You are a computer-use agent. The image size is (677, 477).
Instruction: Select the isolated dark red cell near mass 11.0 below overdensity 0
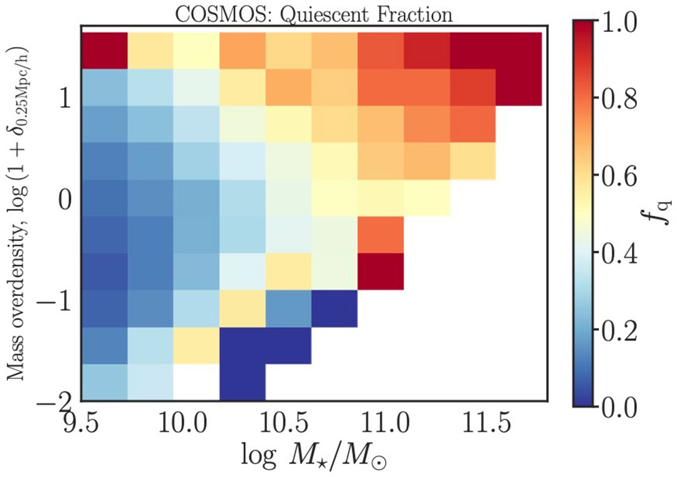point(380,271)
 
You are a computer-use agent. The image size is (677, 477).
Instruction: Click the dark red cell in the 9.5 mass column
point(105,51)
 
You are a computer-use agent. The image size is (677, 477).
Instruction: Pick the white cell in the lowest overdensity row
point(196,382)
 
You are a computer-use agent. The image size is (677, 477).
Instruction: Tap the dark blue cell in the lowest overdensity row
point(243,382)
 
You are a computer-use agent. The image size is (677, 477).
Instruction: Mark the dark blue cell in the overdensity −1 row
point(335,308)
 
